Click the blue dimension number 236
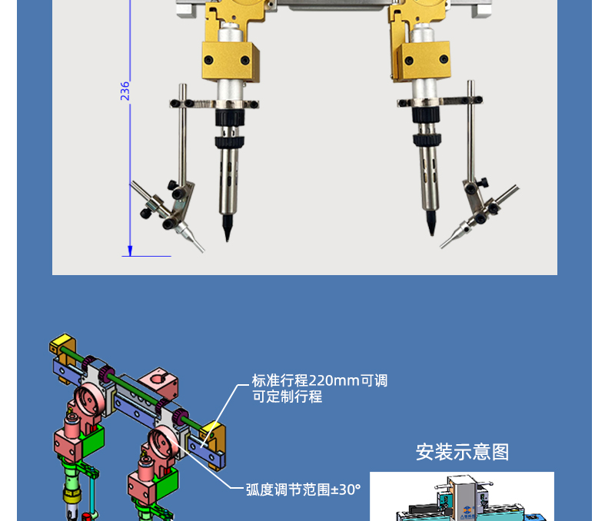coord(125,91)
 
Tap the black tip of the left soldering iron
coord(227,227)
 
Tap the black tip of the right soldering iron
coord(430,223)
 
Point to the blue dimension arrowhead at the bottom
coord(130,251)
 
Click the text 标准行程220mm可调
coord(320,380)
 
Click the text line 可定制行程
coord(287,397)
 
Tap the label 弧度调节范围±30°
coord(303,489)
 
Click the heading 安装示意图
coord(463,452)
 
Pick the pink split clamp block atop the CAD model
coord(158,383)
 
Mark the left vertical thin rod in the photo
coord(182,135)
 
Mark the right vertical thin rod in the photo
coord(471,131)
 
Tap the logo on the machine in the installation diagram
coord(467,509)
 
